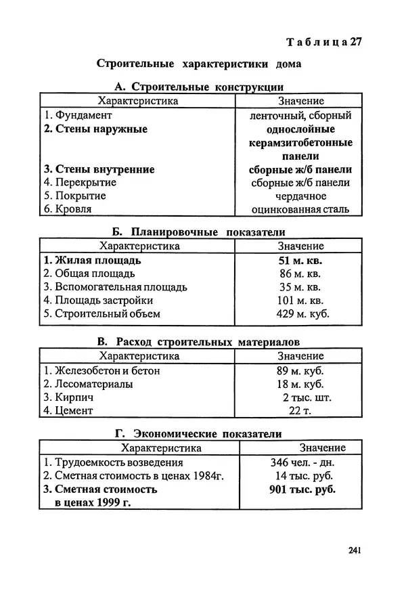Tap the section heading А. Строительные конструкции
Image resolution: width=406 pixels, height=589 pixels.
(199, 87)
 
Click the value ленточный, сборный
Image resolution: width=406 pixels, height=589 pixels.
(300, 115)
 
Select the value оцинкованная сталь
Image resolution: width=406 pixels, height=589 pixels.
(300, 209)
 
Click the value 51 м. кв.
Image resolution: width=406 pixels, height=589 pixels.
(300, 260)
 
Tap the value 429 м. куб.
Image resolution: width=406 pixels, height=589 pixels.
(300, 314)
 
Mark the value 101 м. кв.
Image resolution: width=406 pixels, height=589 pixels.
(300, 301)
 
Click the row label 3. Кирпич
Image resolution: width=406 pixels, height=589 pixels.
(68, 397)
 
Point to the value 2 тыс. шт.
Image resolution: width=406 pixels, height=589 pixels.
(306, 397)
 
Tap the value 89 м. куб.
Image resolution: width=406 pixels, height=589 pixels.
(300, 370)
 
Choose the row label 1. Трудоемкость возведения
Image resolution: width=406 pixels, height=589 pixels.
(113, 462)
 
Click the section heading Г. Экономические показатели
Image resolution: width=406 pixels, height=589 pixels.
(199, 434)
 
